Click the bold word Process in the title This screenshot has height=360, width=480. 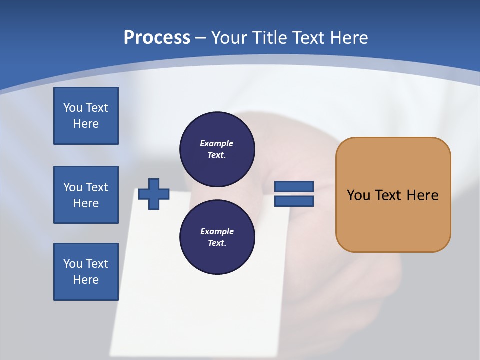pos(157,38)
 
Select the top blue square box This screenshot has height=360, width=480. pos(86,116)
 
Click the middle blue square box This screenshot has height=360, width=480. pos(86,195)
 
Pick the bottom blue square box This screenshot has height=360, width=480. pos(86,272)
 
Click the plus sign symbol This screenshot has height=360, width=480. pos(154,194)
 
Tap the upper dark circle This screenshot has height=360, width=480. pos(217,149)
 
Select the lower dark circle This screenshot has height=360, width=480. pos(217,237)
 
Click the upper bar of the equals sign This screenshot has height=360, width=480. pos(294,186)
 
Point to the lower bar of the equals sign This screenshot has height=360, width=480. pos(294,201)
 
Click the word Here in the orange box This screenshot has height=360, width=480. pos(422,195)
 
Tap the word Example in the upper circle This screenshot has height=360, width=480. pos(217,143)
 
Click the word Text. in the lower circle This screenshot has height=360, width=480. pos(217,243)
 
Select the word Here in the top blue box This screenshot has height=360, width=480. pos(86,124)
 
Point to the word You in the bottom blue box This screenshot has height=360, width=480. pos(73,264)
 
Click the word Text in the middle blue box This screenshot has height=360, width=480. pos(97,187)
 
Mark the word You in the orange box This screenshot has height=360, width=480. pos(358,195)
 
